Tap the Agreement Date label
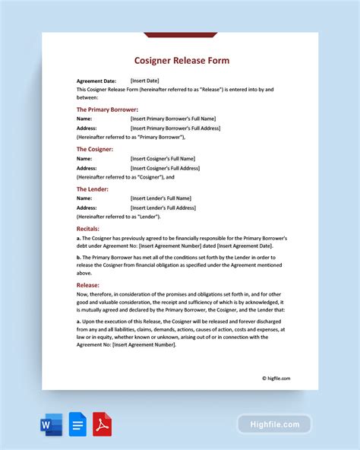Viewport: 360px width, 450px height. point(97,80)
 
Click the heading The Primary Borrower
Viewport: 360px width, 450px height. point(107,109)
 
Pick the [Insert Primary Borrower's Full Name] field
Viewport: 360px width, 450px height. point(173,119)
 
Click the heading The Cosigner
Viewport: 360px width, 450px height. point(95,149)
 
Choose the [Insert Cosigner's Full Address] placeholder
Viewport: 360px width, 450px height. point(165,168)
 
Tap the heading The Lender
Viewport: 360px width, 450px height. point(93,189)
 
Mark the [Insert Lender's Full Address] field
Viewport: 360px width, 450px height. point(163,208)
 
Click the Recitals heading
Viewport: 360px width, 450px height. point(89,228)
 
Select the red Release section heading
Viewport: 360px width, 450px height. point(89,286)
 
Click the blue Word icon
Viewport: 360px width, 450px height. point(52,423)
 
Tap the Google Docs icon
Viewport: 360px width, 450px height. point(77,423)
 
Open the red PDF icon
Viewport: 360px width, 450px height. point(103,423)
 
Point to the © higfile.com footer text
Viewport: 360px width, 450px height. point(276,378)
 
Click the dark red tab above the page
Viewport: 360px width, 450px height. point(180,34)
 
